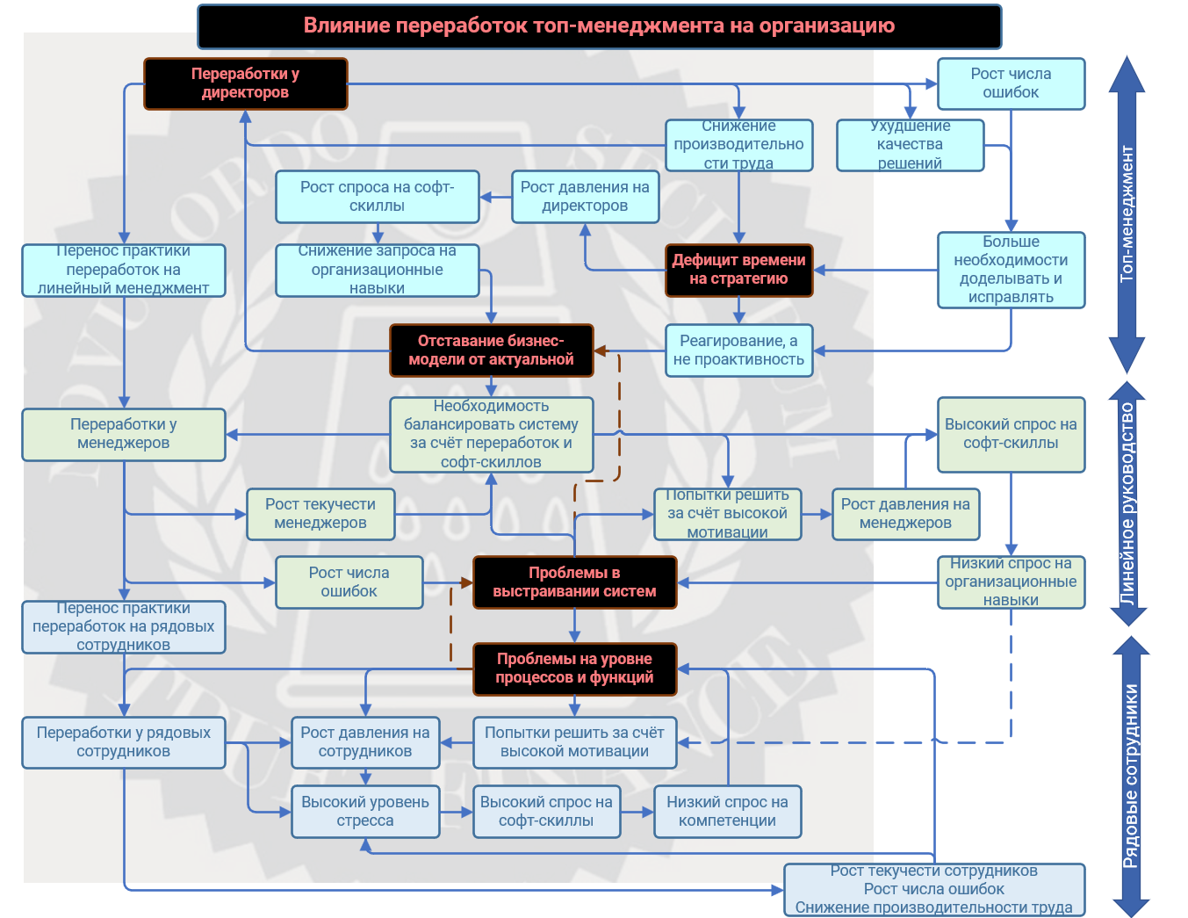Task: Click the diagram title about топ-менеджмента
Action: (599, 26)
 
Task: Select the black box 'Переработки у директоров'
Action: (245, 83)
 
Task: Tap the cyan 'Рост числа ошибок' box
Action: (1011, 83)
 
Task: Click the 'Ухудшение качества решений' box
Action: (910, 145)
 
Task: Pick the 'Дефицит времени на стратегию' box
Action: (738, 270)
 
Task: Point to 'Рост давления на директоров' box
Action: (585, 196)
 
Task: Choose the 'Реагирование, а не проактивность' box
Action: (738, 350)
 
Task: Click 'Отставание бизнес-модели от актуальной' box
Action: (491, 350)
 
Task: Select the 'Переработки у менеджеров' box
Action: (123, 434)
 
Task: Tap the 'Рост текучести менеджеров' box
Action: (320, 514)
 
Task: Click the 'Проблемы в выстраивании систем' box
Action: (574, 582)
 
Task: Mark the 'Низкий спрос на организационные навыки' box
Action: (1011, 582)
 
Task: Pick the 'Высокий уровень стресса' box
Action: (365, 811)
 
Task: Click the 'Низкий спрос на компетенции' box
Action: (727, 811)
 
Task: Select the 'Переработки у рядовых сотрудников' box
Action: (123, 741)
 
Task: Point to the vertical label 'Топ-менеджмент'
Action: (1127, 214)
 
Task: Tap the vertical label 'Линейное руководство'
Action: (1127, 502)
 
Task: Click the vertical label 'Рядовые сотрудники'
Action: (1130, 776)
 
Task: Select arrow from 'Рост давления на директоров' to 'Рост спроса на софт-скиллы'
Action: (496, 197)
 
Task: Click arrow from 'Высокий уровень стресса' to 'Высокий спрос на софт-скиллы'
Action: (457, 812)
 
